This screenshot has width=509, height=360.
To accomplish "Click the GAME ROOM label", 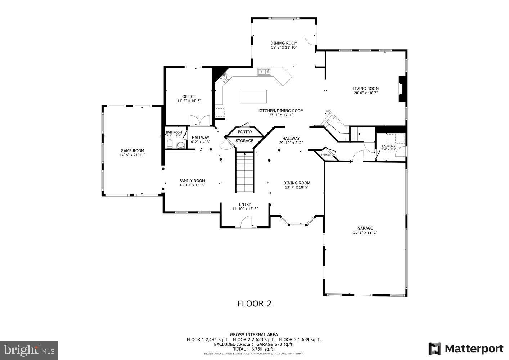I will pos(132,151).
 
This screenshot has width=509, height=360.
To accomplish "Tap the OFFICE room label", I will pos(189,96).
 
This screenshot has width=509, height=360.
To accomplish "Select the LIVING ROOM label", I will pos(365,89).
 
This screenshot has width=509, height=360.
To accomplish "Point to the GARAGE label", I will pos(365,228).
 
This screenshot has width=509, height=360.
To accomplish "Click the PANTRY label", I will pos(245,132).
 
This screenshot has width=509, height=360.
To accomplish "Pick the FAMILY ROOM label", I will pos(192,181).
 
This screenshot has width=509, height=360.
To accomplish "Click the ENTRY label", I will pos(245,204).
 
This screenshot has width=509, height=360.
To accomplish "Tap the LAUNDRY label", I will pos(388,146).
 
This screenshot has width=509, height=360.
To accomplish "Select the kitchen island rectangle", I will pos(253,96).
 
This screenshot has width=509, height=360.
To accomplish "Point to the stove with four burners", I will pos(225,78).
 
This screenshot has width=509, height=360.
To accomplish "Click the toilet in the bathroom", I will pos(180,145).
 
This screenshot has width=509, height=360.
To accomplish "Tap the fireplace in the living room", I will pos(402,89).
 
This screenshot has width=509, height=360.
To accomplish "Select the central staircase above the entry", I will pos(245,172).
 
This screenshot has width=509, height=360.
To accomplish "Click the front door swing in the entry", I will pos(246,221).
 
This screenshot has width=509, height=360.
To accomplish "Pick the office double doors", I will pos(199,120).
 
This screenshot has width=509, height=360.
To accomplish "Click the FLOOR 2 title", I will pos(254,303).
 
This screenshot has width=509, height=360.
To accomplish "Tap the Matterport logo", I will pos(466,349).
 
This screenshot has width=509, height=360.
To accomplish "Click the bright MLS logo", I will pos(29,350).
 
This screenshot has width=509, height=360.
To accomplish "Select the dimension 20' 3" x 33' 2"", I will pos(365,233).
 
